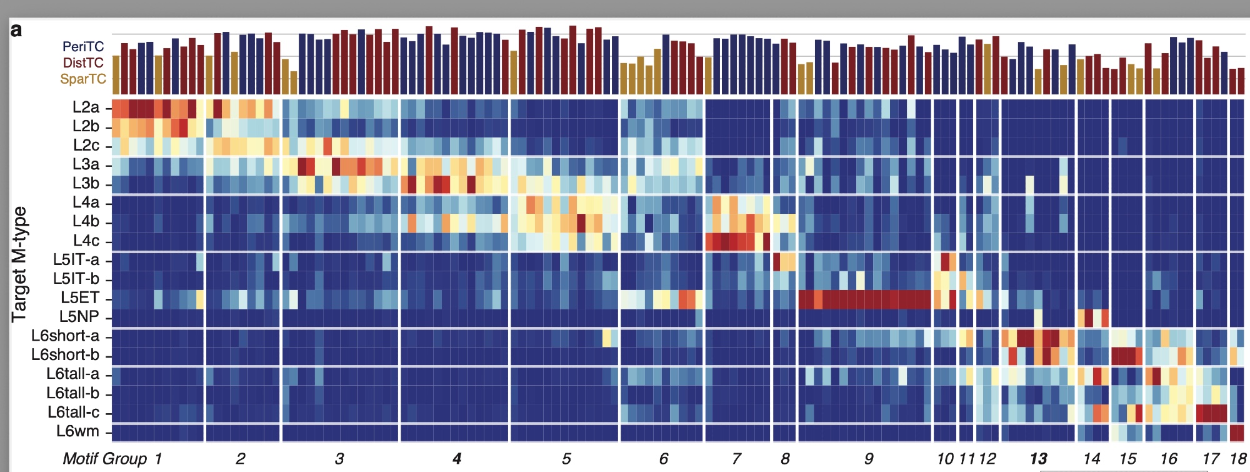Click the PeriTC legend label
83,47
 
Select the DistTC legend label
83,63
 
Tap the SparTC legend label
83,79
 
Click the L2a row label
86,108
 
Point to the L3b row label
86,184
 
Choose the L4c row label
86,241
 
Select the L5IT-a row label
76,260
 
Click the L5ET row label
79,298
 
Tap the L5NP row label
79,317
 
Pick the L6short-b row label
65,355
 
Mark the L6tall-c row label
73,413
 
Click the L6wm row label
77,431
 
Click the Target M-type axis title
19,264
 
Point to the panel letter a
16,30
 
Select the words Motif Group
104,459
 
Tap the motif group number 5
566,459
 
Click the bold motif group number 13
1039,459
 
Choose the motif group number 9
869,459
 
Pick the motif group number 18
1238,459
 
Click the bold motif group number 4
457,459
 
